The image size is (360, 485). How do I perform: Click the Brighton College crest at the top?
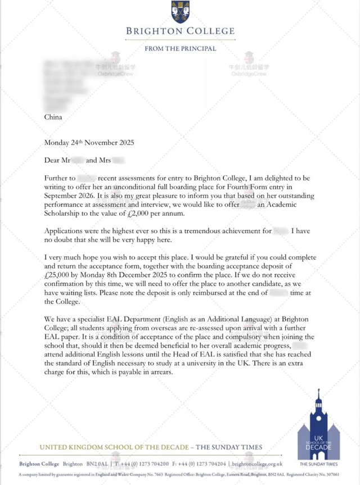coord(180,12)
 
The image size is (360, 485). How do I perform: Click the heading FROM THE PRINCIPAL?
coord(180,49)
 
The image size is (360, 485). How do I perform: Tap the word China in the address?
coord(53,117)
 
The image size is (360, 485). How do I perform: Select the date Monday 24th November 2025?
coord(89,142)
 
